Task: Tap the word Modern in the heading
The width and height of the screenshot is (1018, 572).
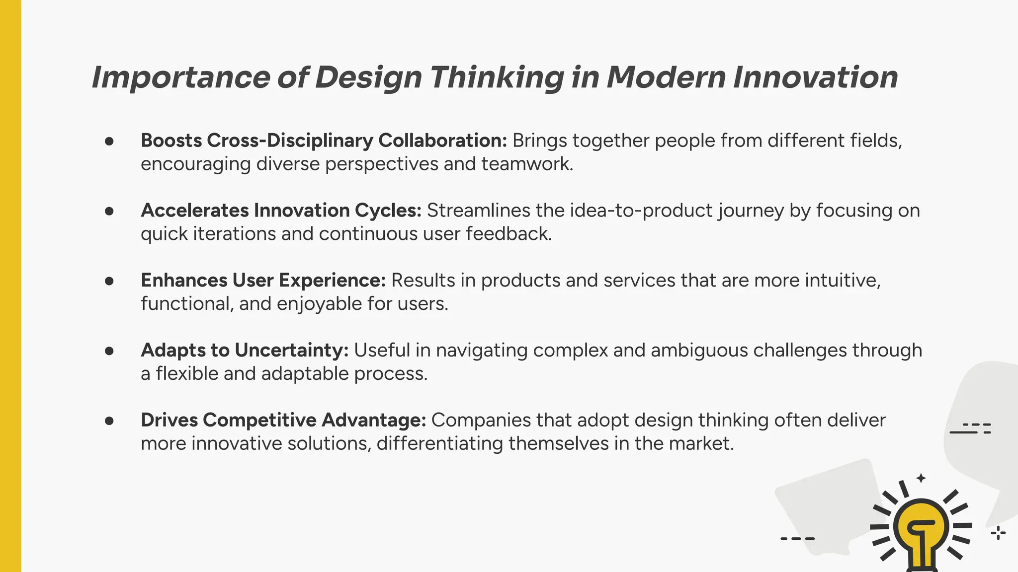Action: click(666, 78)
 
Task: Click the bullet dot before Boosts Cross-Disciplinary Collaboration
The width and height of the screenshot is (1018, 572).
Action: click(109, 141)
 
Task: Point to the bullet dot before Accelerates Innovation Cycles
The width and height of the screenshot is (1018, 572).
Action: click(109, 211)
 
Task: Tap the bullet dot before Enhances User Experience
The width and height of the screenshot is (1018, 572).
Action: click(109, 281)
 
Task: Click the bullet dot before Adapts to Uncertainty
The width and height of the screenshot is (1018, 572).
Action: click(109, 351)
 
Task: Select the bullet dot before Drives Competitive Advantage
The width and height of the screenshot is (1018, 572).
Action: click(109, 421)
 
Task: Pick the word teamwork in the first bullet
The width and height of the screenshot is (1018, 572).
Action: click(526, 164)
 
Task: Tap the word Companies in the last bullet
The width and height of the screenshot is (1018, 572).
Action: click(476, 421)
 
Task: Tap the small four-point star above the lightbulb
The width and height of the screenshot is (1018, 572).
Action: click(921, 478)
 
